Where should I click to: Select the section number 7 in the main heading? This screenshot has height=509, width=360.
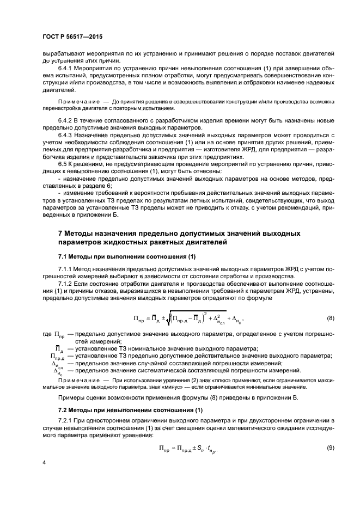pos(60,234)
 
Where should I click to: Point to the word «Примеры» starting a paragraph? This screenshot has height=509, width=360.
pos(72,397)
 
